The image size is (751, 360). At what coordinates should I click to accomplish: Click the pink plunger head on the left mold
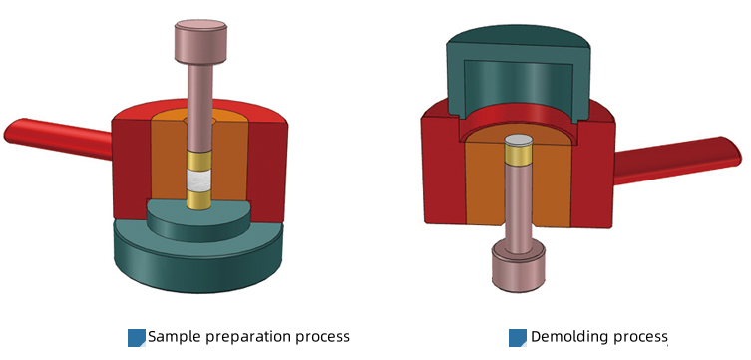(200, 42)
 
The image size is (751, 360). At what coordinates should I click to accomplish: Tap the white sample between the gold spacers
(199, 180)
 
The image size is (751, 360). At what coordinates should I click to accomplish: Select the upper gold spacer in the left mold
(199, 161)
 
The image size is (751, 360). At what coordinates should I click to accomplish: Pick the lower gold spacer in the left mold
(199, 200)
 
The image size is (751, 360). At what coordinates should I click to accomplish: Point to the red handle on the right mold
(677, 160)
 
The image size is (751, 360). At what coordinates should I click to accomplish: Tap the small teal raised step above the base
(198, 220)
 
